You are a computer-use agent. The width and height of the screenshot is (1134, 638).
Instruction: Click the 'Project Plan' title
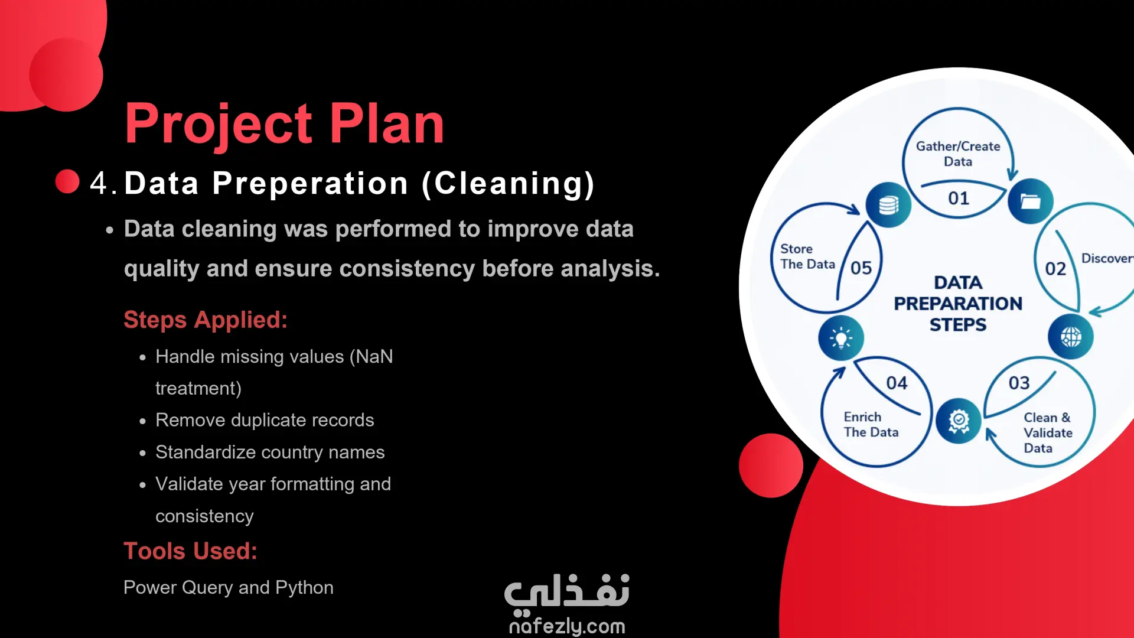click(x=284, y=125)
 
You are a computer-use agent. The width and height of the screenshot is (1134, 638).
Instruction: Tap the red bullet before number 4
click(x=67, y=181)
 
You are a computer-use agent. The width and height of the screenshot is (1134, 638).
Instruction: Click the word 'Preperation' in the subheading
click(x=310, y=183)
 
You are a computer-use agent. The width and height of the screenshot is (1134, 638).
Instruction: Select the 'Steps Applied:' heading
click(x=206, y=320)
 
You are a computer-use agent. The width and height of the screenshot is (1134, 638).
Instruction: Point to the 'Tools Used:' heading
click(x=190, y=551)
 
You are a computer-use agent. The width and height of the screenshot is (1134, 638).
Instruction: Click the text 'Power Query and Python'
click(x=229, y=587)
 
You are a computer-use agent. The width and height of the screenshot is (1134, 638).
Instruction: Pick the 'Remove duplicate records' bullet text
click(x=265, y=420)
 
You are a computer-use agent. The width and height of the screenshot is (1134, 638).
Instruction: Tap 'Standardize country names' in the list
click(x=270, y=452)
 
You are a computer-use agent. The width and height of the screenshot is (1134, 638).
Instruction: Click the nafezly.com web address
click(x=567, y=626)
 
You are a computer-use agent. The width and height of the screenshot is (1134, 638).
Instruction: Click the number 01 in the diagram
click(x=959, y=198)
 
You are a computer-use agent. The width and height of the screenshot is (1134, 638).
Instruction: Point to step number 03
click(x=1019, y=383)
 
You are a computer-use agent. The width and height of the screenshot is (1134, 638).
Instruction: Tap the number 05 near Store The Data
click(x=861, y=268)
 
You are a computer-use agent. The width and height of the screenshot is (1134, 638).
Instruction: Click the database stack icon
click(x=888, y=205)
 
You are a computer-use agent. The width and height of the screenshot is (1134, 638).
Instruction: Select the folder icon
click(x=1031, y=201)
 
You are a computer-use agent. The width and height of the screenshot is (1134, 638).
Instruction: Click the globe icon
click(x=1071, y=337)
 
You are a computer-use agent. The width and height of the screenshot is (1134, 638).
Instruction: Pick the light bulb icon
click(x=841, y=338)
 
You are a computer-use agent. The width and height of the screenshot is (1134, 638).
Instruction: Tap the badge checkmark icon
click(x=959, y=421)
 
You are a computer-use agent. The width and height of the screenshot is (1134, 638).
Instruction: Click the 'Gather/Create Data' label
click(x=958, y=154)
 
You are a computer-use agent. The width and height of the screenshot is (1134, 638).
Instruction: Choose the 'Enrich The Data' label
click(x=871, y=425)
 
